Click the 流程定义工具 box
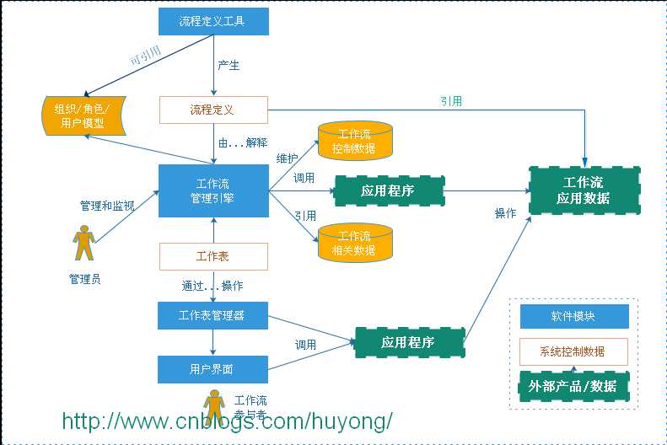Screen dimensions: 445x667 213,21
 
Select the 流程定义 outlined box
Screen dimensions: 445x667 213,110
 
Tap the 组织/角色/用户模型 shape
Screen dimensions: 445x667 83,115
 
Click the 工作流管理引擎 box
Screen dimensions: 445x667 213,190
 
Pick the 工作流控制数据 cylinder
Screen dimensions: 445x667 355,141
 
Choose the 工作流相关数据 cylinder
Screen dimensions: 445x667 355,242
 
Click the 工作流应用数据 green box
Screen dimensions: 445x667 584,191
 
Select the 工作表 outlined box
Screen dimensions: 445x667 213,256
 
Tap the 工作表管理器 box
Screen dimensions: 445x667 213,316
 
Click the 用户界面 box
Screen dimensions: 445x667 213,369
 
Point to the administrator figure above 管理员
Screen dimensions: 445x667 83,243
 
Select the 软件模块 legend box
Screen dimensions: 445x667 573,317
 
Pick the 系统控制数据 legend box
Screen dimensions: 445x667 573,351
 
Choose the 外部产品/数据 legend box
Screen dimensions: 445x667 573,386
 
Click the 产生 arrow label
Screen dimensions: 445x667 229,66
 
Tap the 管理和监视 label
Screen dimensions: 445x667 107,205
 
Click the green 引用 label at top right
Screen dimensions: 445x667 450,101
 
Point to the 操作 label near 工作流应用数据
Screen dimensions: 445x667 505,214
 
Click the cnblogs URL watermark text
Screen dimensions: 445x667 228,421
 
